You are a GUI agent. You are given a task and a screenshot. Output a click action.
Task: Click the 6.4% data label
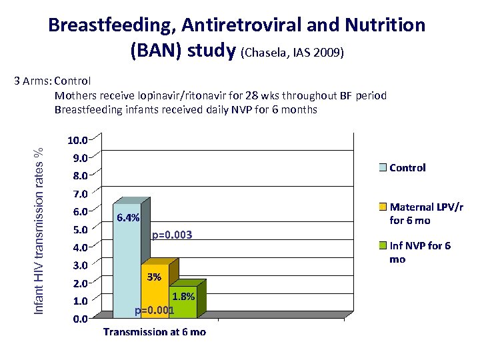pos(127,217)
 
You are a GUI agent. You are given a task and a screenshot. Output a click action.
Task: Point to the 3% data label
pos(154,276)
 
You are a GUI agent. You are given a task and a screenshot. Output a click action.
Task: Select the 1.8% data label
pos(183,297)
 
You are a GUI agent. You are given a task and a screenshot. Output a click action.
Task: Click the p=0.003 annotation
pos(172,235)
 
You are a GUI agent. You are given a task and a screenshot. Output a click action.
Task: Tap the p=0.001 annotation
pos(154,311)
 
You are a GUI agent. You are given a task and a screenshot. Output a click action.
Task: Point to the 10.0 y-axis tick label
pos(77,141)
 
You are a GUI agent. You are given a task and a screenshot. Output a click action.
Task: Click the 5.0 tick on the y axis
pos(79,230)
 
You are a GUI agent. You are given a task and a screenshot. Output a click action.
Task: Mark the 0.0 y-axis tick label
pos(79,319)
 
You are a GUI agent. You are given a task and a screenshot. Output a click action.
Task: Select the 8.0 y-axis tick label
pos(79,177)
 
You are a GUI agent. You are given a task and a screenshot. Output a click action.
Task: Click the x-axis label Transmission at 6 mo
pos(154,332)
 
